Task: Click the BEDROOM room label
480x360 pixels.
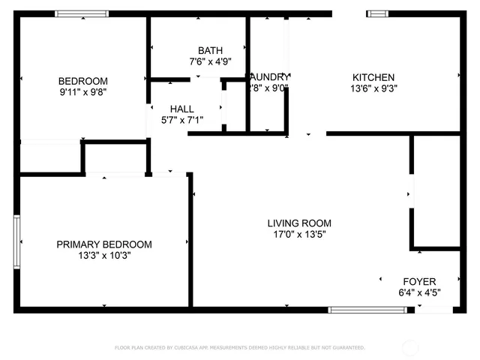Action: pyautogui.click(x=83, y=81)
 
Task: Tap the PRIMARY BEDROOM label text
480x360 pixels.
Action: pyautogui.click(x=104, y=244)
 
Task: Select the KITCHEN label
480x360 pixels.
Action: pyautogui.click(x=373, y=77)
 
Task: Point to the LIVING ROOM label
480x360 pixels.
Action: pyautogui.click(x=299, y=223)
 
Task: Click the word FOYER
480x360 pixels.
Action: pyautogui.click(x=419, y=281)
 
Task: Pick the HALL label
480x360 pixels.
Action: pyautogui.click(x=182, y=109)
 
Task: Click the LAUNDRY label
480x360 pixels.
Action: pyautogui.click(x=268, y=76)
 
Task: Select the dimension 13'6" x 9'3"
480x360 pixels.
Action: pyautogui.click(x=373, y=88)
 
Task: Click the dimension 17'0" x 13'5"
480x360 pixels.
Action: pyautogui.click(x=299, y=234)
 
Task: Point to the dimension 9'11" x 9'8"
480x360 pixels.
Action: pyautogui.click(x=83, y=91)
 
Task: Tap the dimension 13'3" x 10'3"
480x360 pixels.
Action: pyautogui.click(x=104, y=255)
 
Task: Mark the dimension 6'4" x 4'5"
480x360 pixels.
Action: pyautogui.click(x=419, y=292)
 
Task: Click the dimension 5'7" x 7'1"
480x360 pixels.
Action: pyautogui.click(x=182, y=119)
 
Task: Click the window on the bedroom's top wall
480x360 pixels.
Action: pyautogui.click(x=82, y=13)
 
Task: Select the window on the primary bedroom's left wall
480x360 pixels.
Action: pyautogui.click(x=16, y=241)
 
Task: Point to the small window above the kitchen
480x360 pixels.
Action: pyautogui.click(x=377, y=13)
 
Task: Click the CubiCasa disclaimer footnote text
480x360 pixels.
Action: pyautogui.click(x=239, y=347)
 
